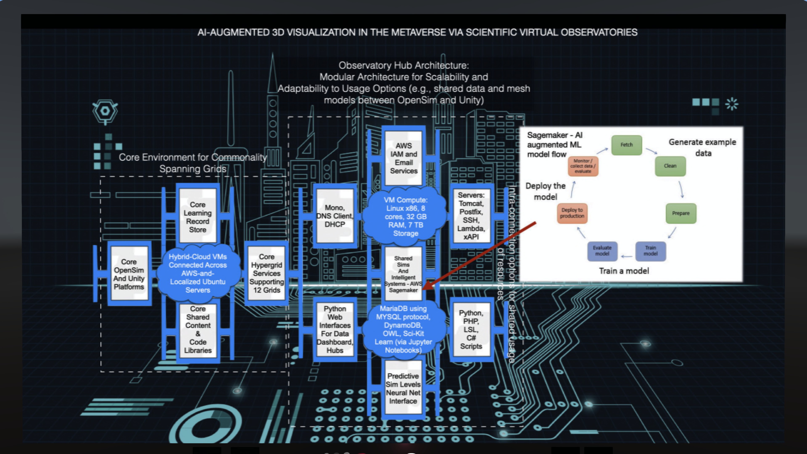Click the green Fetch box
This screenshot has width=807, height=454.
pos(626,145)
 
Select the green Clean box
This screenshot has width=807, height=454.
pos(670,166)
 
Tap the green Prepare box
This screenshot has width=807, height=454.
pos(681,213)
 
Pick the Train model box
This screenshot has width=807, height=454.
pos(650,251)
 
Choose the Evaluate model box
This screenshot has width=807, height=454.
pos(602,251)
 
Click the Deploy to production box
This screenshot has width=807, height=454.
pos(572,213)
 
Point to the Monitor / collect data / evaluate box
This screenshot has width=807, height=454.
pos(583,166)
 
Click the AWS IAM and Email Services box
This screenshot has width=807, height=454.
pos(403,158)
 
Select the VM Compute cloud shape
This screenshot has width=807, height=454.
pos(405,216)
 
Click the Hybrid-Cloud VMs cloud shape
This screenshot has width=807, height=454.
pos(198,273)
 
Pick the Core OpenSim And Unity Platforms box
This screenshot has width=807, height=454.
pos(129,274)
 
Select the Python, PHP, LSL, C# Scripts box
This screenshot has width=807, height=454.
pos(471,329)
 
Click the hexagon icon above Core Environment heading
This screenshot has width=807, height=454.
pos(105,111)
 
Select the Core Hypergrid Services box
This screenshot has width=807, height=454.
pos(267,273)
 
